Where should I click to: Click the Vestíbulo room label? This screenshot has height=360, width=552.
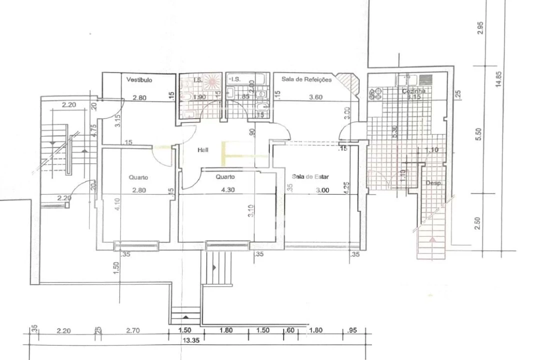(139, 79)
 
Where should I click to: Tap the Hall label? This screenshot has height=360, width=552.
(203, 149)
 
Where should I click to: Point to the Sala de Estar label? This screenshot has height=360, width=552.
(310, 176)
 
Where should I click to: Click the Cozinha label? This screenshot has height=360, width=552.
(414, 91)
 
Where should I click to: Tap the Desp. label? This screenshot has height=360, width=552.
(433, 183)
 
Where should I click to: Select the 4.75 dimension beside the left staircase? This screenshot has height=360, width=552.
(93, 130)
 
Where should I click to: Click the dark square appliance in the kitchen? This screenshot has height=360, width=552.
(426, 79)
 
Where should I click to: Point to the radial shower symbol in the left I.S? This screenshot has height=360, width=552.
(211, 81)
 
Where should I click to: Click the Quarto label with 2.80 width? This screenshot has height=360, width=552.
(138, 177)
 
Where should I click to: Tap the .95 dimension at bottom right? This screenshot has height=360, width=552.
(352, 330)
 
